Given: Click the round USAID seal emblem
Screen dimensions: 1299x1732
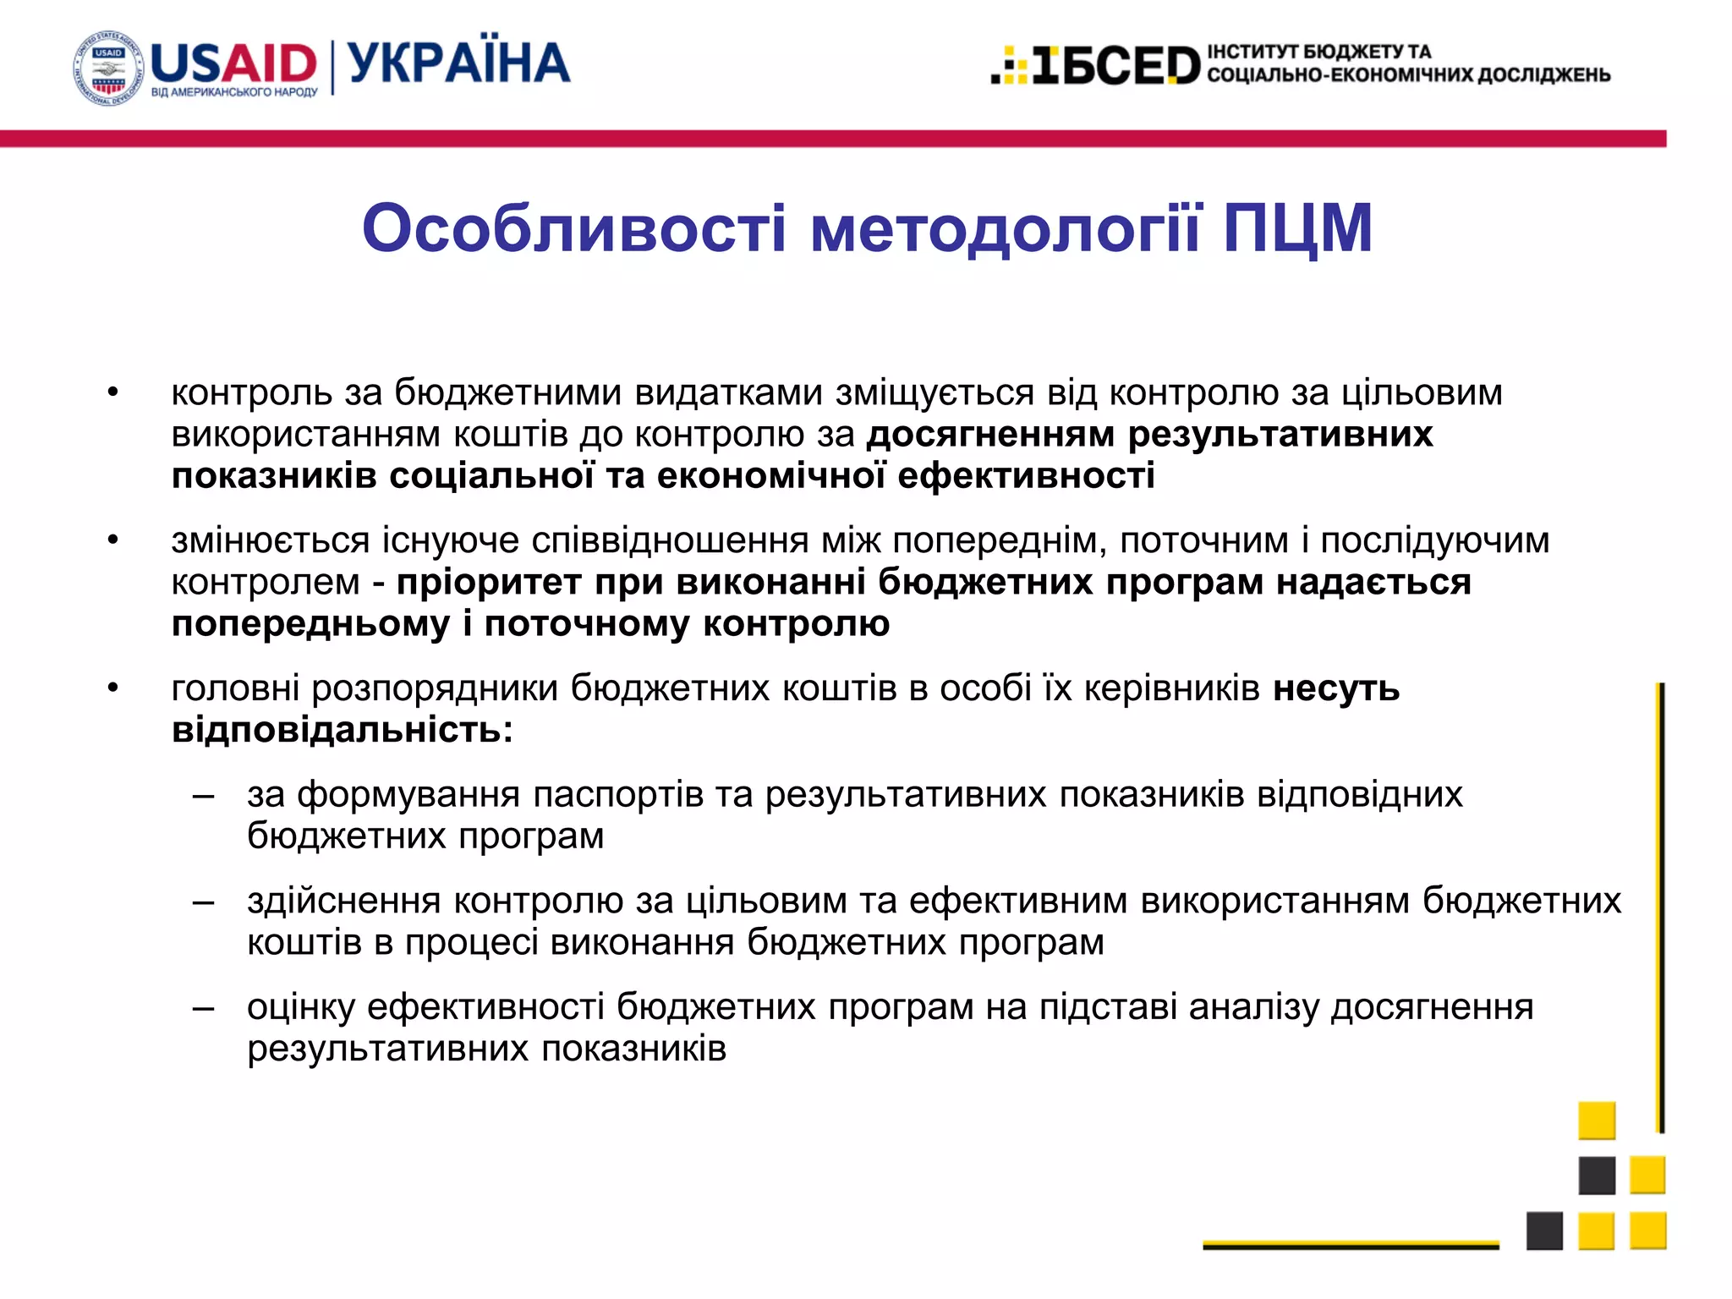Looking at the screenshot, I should pos(109,69).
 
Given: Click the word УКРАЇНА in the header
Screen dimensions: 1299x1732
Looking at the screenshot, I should pos(459,63).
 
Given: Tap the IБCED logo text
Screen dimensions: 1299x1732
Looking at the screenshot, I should pos(1116,66).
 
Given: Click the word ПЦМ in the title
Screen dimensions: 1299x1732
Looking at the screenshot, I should pos(1298,228).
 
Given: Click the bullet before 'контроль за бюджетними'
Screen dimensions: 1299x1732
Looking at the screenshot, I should pos(113,392).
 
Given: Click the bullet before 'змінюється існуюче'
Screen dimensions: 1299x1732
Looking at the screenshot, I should pos(113,540).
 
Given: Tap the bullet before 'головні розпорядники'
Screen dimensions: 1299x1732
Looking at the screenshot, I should pos(113,688).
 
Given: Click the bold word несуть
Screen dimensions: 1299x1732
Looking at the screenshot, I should pos(1336,688).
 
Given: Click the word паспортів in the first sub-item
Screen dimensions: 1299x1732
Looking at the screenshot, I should pos(617,795).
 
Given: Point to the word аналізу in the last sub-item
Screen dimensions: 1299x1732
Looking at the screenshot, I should pos(1254,1007).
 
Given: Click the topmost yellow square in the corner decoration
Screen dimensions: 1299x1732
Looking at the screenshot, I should pos(1597,1121).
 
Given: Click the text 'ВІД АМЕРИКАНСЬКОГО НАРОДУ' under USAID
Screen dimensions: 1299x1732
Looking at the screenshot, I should pos(234,92).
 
